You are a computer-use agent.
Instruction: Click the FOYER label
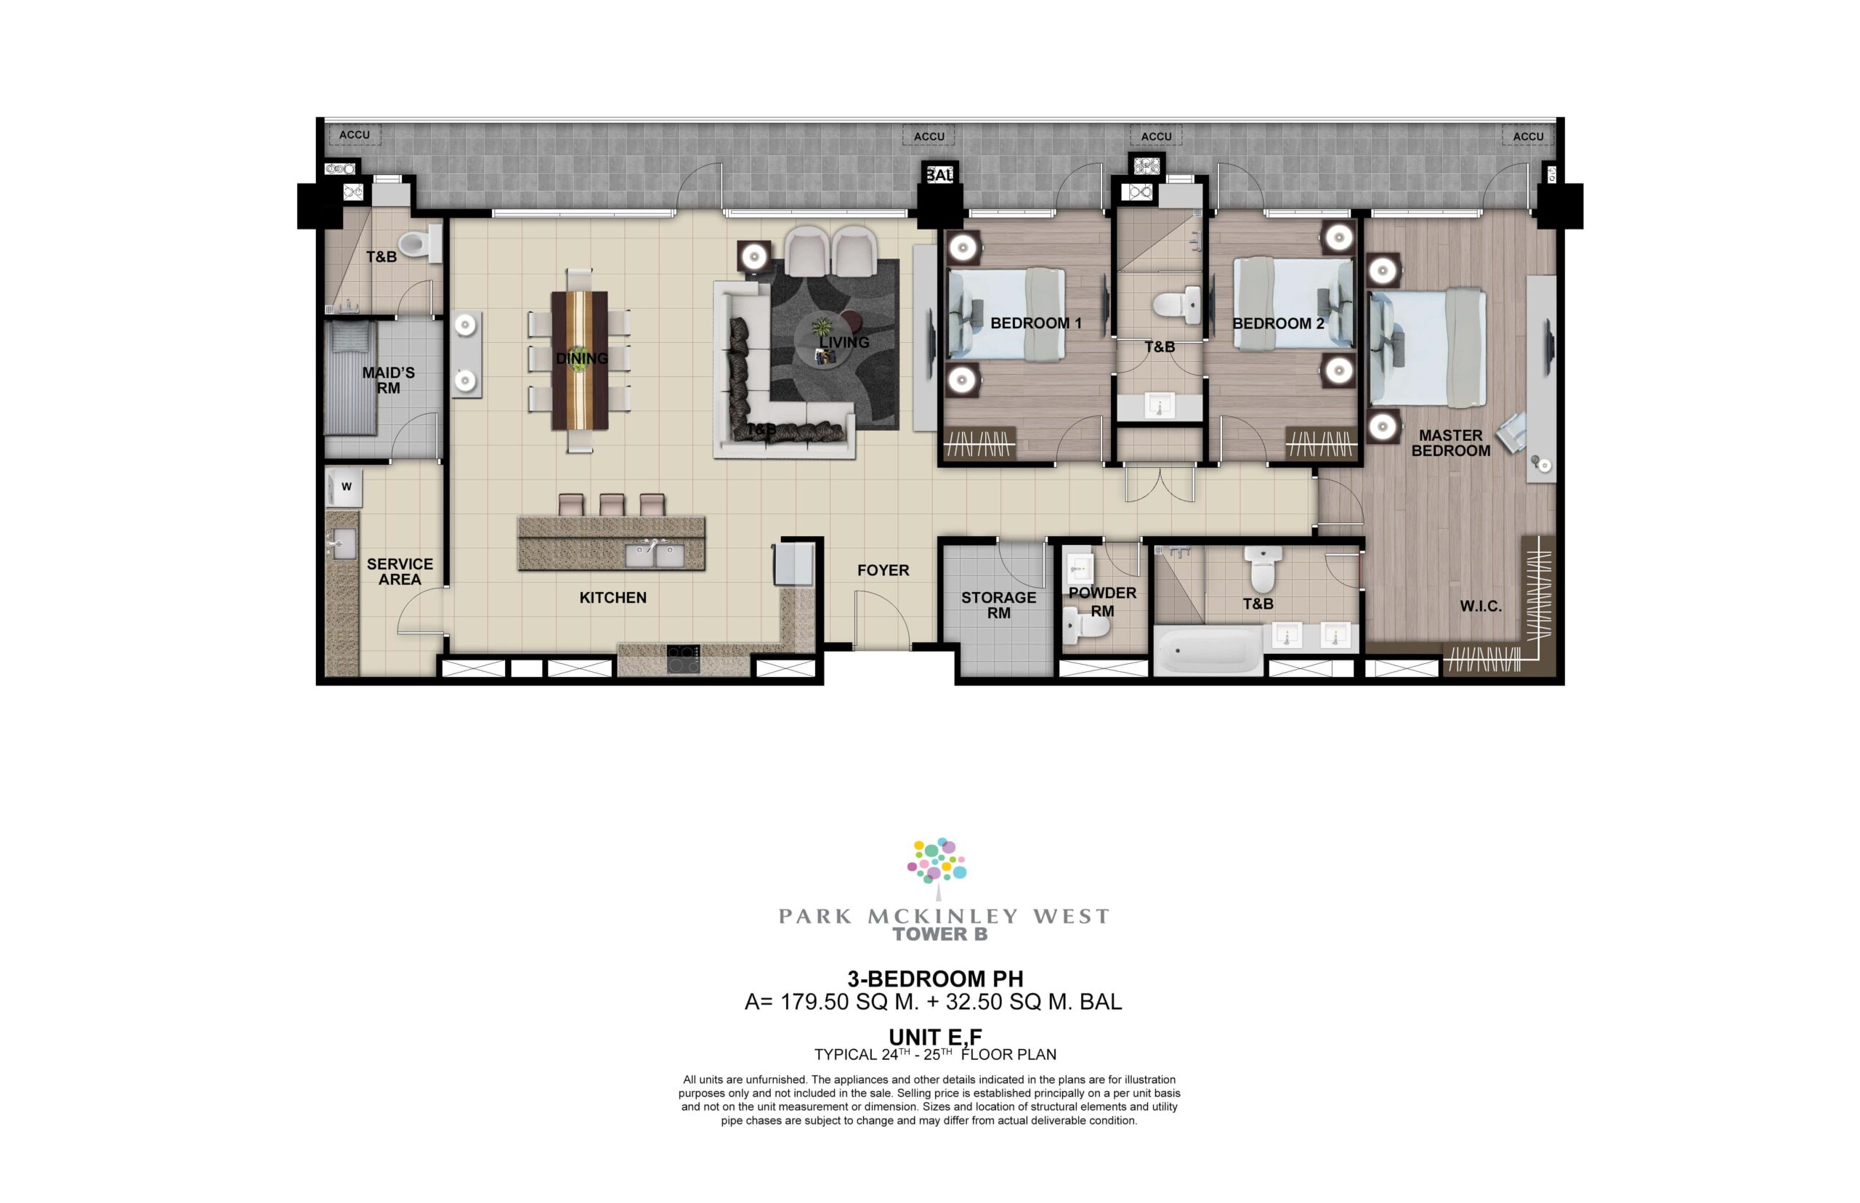point(883,570)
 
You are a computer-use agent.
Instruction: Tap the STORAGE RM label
point(998,605)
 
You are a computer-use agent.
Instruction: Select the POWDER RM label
point(1102,601)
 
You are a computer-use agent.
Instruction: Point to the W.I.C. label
point(1480,606)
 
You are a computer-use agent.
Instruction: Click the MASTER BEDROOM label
point(1451,443)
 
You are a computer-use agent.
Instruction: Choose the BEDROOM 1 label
point(1036,323)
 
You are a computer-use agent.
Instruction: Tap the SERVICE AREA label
point(400,571)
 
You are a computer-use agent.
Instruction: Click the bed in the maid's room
point(351,379)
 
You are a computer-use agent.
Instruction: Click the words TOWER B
point(939,934)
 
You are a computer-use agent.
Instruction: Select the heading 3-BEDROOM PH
point(935,978)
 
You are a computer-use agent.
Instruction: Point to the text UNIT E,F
point(935,1037)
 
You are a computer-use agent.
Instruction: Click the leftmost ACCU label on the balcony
point(354,134)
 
